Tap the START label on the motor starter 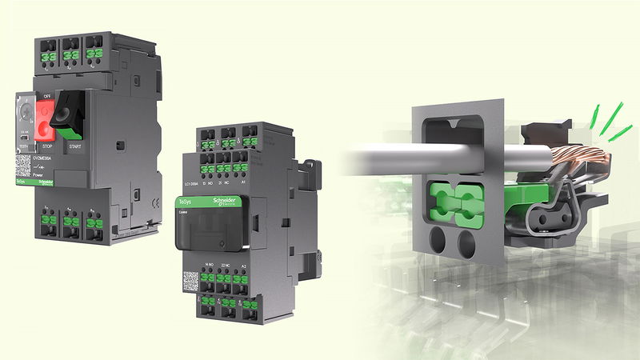[x=75, y=147]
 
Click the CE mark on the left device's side [x=137, y=194]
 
